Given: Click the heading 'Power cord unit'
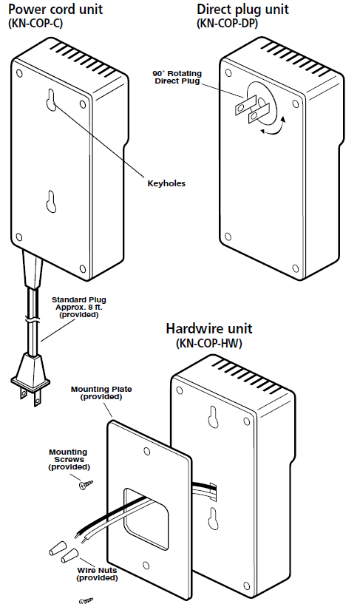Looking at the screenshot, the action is [x=55, y=9].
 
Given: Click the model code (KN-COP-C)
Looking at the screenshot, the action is [x=35, y=24].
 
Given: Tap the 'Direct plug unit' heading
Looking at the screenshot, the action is [x=242, y=9].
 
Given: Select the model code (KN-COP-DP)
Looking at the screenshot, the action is [x=227, y=24].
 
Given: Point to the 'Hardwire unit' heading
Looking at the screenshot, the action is [x=209, y=328].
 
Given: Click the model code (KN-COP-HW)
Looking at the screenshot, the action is [x=209, y=343].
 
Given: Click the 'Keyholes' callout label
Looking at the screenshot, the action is [x=166, y=183].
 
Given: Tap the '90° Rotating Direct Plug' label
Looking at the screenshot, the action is [x=177, y=77].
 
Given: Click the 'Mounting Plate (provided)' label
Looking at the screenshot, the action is [x=101, y=393].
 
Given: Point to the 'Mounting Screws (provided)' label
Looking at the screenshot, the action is [x=68, y=459].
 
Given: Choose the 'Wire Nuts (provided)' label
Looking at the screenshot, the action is [x=97, y=574].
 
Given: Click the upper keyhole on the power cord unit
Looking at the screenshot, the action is [x=52, y=100].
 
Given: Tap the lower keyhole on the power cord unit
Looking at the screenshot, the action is [x=51, y=201].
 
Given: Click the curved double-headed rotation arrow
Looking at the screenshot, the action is [x=274, y=127].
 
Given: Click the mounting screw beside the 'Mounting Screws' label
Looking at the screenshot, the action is [x=86, y=484].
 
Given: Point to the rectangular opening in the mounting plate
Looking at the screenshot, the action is [x=146, y=519].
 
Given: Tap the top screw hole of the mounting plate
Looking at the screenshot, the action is [x=146, y=451].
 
